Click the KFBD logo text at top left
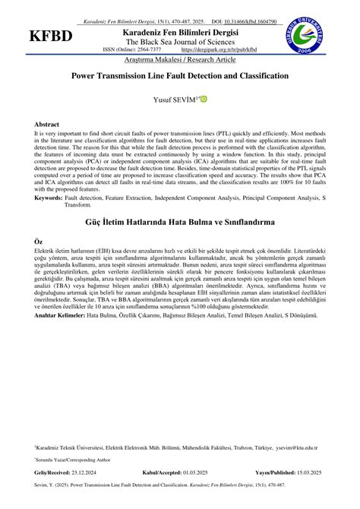click(51, 36)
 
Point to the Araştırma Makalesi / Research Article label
click(179, 58)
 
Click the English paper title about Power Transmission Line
click(179, 76)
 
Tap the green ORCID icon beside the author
click(204, 99)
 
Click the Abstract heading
click(46, 124)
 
